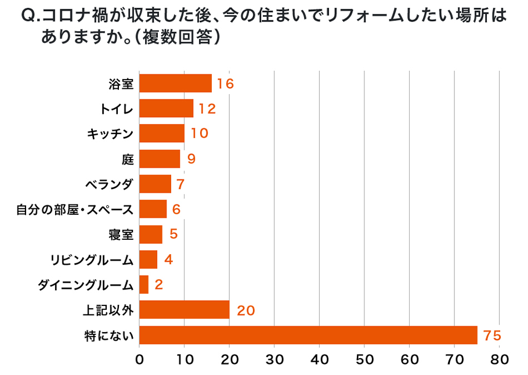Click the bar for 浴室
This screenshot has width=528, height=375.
point(175,84)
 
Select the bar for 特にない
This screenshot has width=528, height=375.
point(308,335)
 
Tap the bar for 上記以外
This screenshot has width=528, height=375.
point(185,310)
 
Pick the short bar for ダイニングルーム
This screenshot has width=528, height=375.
point(144,284)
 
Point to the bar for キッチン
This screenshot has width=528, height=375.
point(162,134)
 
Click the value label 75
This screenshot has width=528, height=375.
point(491,336)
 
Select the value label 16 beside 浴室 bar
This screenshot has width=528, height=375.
point(225,84)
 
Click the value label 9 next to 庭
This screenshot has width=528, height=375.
point(191,159)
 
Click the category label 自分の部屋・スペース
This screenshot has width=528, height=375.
point(75,210)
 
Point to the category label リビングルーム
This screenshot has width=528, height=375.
point(92,260)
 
